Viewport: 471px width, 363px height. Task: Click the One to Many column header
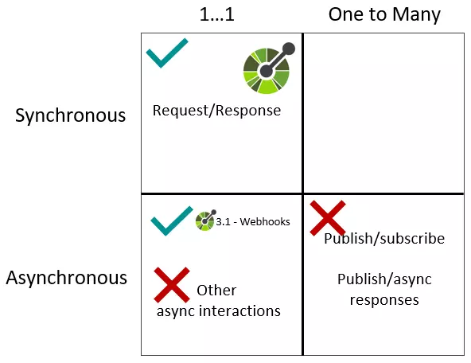pos(384,15)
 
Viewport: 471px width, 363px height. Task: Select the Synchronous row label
pos(71,115)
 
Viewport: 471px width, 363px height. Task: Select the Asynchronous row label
pos(67,278)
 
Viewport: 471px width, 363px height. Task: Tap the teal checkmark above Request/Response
pos(167,53)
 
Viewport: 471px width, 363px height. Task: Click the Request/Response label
pos(216,111)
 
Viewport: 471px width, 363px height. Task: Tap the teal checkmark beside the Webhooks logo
pos(171,221)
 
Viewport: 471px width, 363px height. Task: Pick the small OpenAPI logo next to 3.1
pos(205,221)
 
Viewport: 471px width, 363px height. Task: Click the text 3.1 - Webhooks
pos(253,221)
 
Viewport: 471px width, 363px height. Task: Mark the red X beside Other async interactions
pos(171,284)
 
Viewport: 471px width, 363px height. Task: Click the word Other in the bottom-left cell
pos(216,291)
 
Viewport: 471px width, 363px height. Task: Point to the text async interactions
pos(218,311)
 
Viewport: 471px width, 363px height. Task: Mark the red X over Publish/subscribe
pos(327,217)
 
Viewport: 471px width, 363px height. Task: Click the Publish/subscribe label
pos(384,239)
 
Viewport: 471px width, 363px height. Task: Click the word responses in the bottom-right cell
pos(384,300)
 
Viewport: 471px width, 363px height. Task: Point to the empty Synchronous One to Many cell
pos(383,113)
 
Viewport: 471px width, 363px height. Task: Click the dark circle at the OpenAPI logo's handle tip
pos(288,49)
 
